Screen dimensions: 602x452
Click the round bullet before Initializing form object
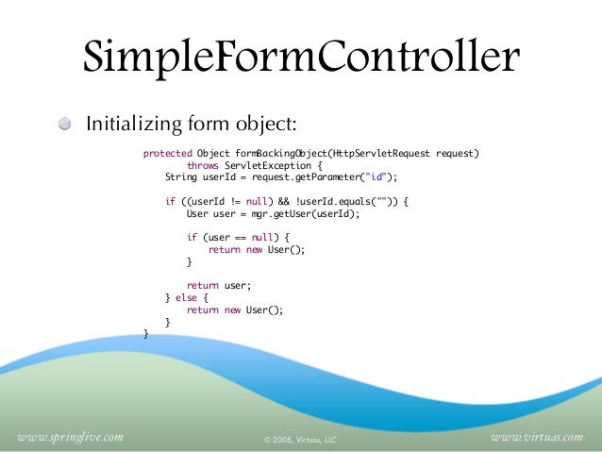pyautogui.click(x=64, y=125)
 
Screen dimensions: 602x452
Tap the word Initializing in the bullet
pyautogui.click(x=132, y=125)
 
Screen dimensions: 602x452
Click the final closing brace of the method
pyautogui.click(x=145, y=333)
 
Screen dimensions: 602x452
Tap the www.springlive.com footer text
pyautogui.click(x=71, y=437)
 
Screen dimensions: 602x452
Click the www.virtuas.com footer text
pyautogui.click(x=538, y=437)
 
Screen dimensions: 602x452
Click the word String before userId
pyautogui.click(x=180, y=176)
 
